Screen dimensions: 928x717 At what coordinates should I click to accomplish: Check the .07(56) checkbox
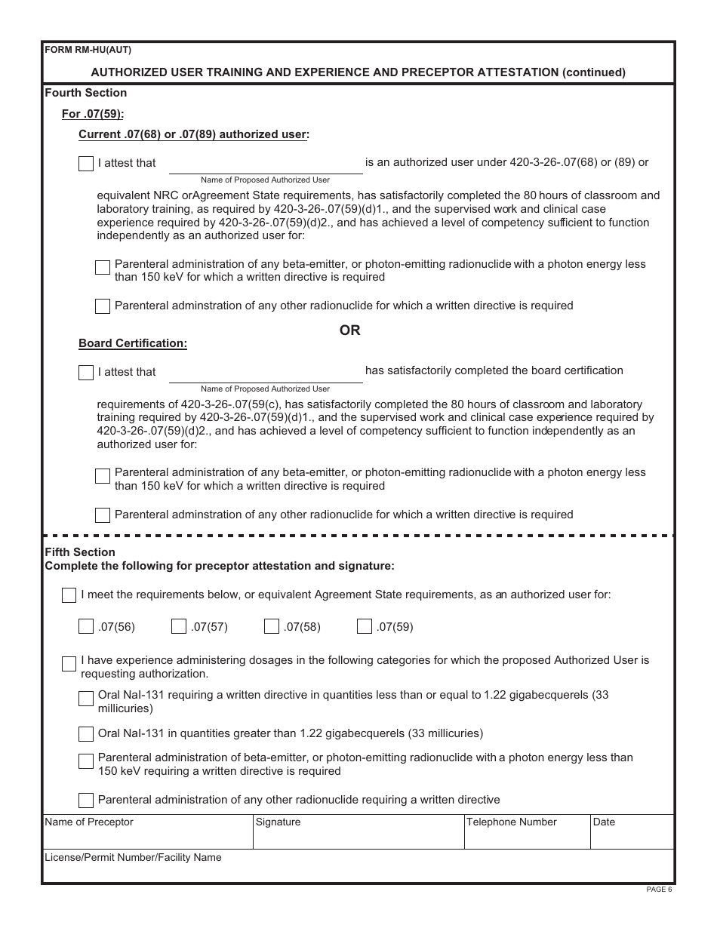pos(86,626)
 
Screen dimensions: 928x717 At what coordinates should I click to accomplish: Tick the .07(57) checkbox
pos(179,626)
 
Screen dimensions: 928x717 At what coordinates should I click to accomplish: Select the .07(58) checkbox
pos(272,626)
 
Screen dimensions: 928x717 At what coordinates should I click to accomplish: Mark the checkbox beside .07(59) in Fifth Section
pos(365,626)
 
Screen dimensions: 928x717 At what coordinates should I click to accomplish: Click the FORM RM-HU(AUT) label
pos(88,51)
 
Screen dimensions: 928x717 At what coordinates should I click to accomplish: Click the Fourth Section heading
pos(86,93)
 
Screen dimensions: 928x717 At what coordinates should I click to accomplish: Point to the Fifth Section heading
pos(80,552)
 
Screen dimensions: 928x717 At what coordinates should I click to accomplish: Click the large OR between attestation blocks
pos(350,330)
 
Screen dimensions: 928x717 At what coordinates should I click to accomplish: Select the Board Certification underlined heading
pos(133,343)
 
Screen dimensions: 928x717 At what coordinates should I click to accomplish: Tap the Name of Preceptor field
pos(147,836)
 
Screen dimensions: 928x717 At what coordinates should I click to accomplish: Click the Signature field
pos(358,836)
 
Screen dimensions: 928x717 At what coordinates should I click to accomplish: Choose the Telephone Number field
pos(526,836)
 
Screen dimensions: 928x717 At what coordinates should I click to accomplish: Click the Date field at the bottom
pos(631,836)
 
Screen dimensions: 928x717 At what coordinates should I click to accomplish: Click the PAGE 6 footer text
pos(659,890)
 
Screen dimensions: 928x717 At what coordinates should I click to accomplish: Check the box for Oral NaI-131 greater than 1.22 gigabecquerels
pos(86,734)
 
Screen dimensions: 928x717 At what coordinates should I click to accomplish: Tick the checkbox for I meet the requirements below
pos(69,595)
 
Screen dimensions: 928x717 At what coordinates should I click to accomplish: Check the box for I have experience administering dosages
pos(69,664)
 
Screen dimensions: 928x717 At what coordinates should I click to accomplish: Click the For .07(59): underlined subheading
pos(93,114)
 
